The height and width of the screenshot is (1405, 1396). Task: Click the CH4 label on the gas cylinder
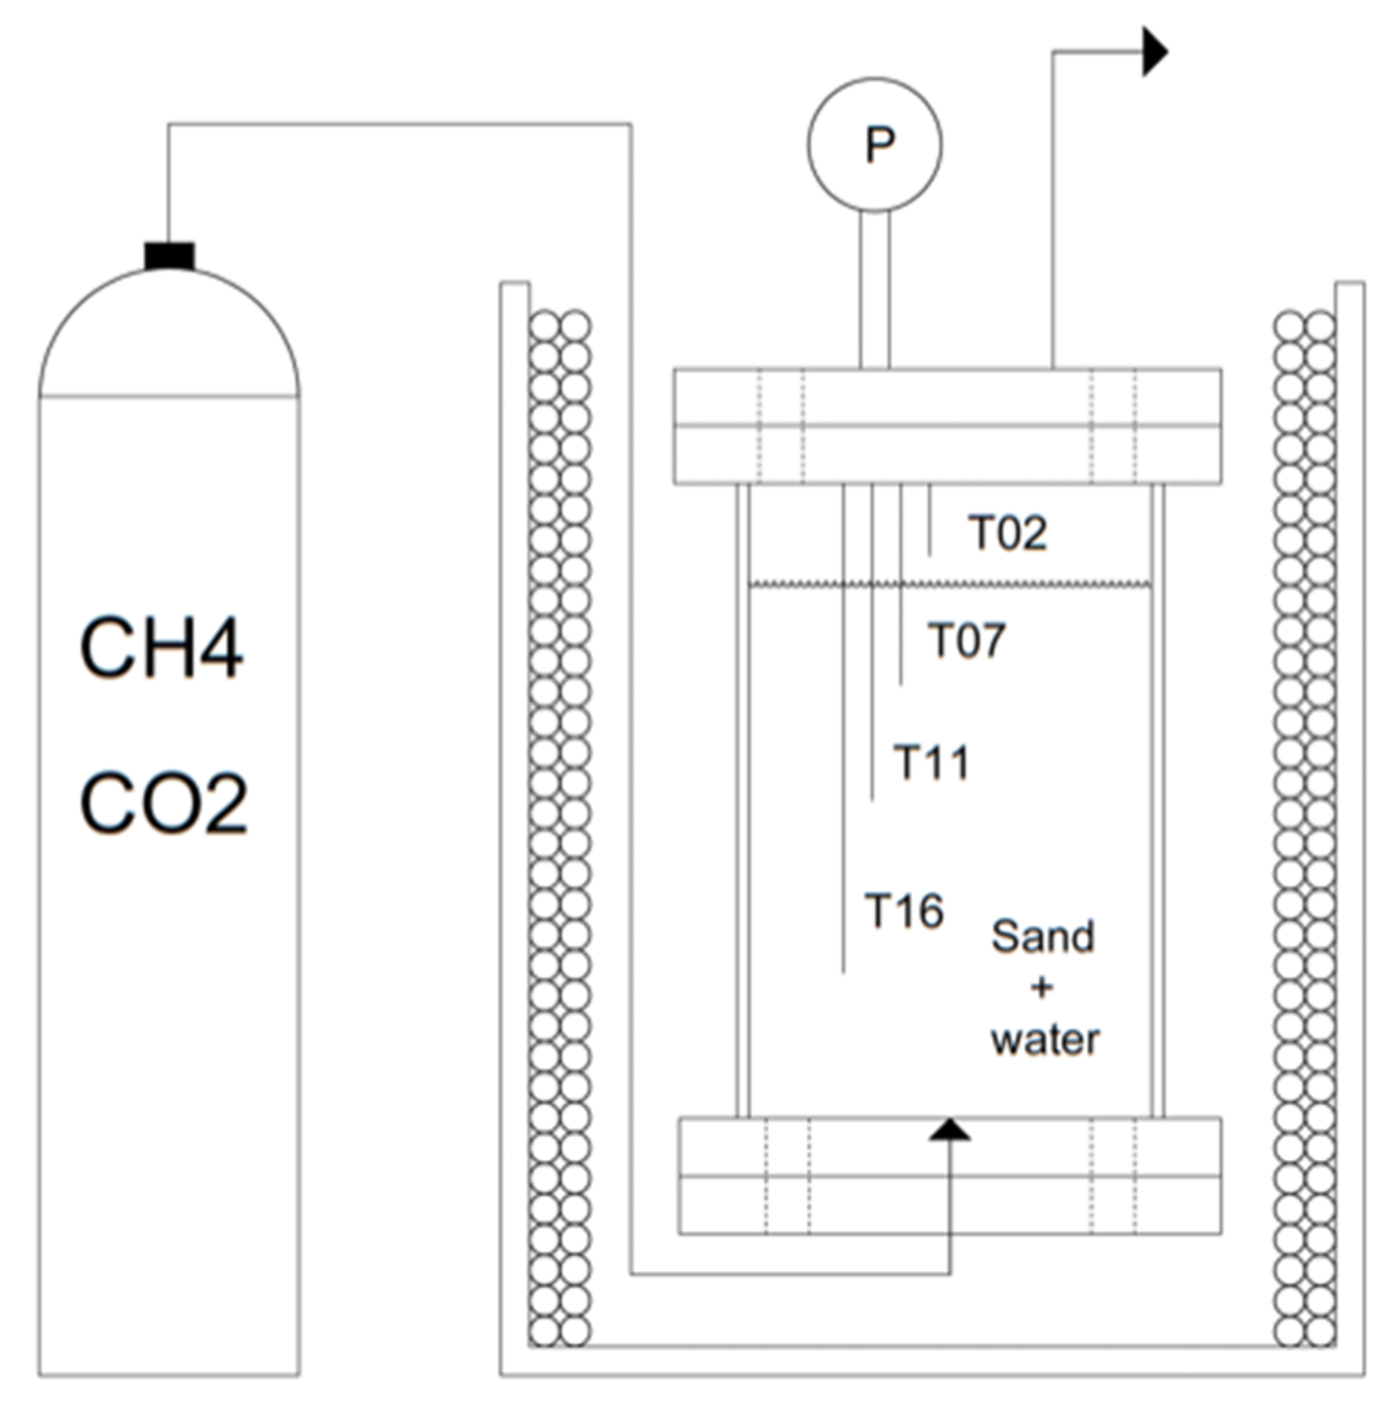pos(161,648)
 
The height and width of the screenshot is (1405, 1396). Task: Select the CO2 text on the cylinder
pos(163,803)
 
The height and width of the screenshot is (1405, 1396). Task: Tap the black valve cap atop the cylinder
pos(170,255)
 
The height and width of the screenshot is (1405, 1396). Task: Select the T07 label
pos(965,640)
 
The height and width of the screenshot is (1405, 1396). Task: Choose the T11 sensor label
pos(931,763)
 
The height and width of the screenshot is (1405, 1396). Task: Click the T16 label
pos(904,911)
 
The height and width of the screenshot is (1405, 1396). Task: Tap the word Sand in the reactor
pos(1042,936)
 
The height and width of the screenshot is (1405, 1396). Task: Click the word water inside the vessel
pos(1044,1040)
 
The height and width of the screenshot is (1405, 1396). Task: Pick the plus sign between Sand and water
pos(1042,988)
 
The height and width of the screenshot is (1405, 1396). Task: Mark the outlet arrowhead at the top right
pos(1154,51)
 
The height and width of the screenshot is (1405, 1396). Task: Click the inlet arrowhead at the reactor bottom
pos(950,1128)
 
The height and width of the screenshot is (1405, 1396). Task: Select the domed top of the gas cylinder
pos(170,334)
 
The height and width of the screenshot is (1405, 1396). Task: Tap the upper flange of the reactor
pos(946,426)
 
